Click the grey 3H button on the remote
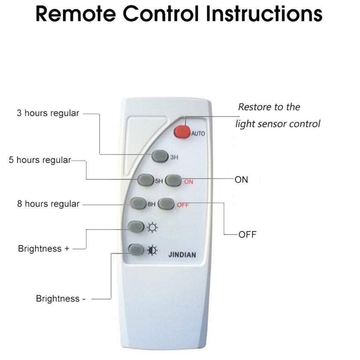(x=160, y=156)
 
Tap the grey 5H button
(x=146, y=180)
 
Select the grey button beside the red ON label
(x=173, y=180)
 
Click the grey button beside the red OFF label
(x=166, y=204)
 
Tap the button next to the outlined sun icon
(x=136, y=227)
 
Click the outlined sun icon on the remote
(x=153, y=228)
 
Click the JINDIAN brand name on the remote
(x=182, y=255)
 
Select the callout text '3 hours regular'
(x=48, y=113)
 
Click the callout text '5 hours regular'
(x=40, y=160)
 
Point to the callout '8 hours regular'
(x=49, y=204)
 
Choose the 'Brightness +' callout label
(x=44, y=249)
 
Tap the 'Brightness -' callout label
(x=61, y=298)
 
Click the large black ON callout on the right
(x=241, y=180)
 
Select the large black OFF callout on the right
(x=247, y=234)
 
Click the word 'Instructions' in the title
(x=264, y=14)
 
